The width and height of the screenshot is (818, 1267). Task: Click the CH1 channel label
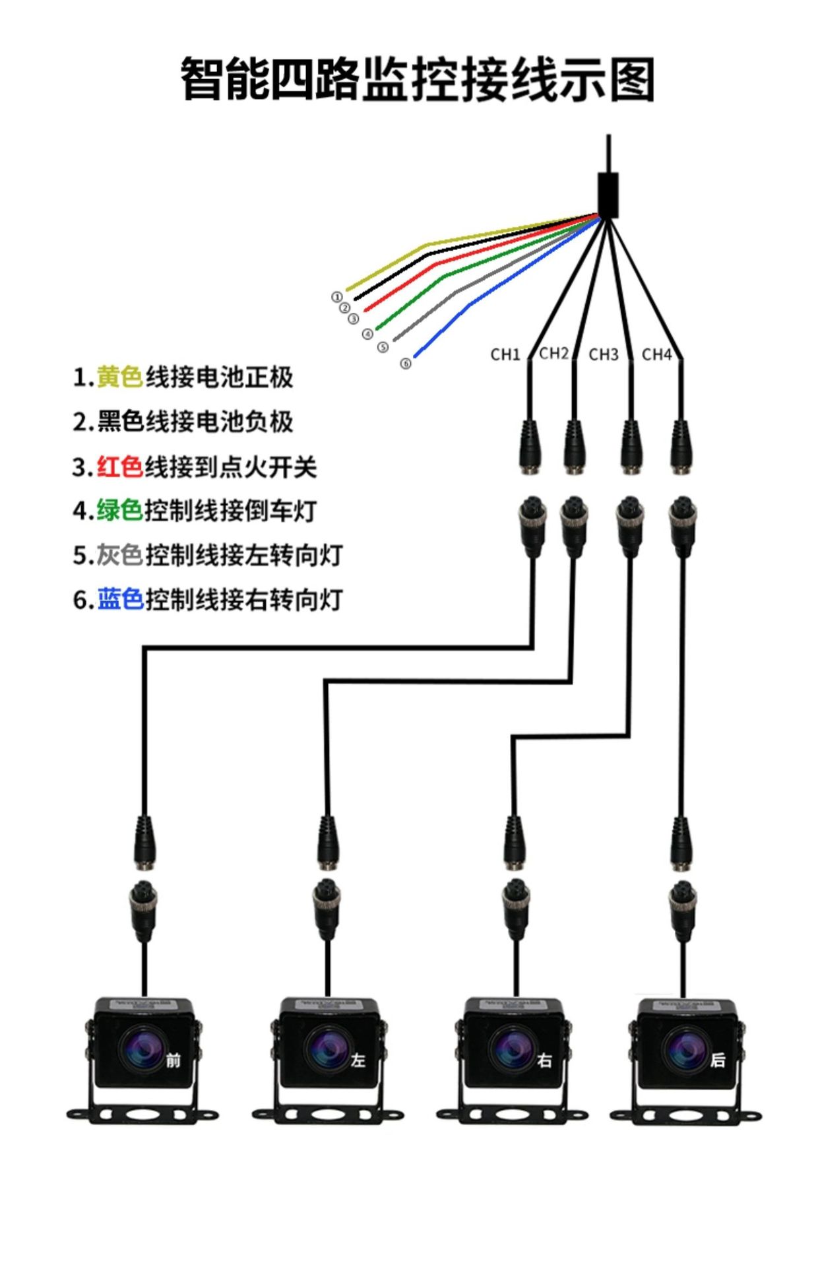[x=505, y=355]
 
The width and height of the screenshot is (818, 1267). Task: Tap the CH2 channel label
[x=553, y=354]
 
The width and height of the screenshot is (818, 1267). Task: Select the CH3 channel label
[x=603, y=355]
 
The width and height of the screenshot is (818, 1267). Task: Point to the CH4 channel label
[x=656, y=355]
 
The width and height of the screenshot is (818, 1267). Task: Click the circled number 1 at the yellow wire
[x=336, y=298]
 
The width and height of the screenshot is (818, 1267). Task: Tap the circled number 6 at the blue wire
[x=406, y=364]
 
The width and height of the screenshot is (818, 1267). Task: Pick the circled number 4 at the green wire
[x=367, y=334]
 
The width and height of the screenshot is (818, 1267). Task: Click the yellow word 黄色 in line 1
[x=119, y=377]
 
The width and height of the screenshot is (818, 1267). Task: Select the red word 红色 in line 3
[x=119, y=467]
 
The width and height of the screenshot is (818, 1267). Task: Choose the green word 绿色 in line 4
[x=119, y=511]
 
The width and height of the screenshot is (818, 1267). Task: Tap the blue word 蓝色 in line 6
[x=119, y=599]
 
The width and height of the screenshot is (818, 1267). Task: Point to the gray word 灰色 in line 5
[x=119, y=555]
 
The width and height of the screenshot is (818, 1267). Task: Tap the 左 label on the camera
[x=358, y=1060]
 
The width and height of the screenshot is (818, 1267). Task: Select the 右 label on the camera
[x=544, y=1060]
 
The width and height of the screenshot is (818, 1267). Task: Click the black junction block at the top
[x=608, y=195]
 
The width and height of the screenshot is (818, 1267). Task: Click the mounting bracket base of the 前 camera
[x=142, y=1115]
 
